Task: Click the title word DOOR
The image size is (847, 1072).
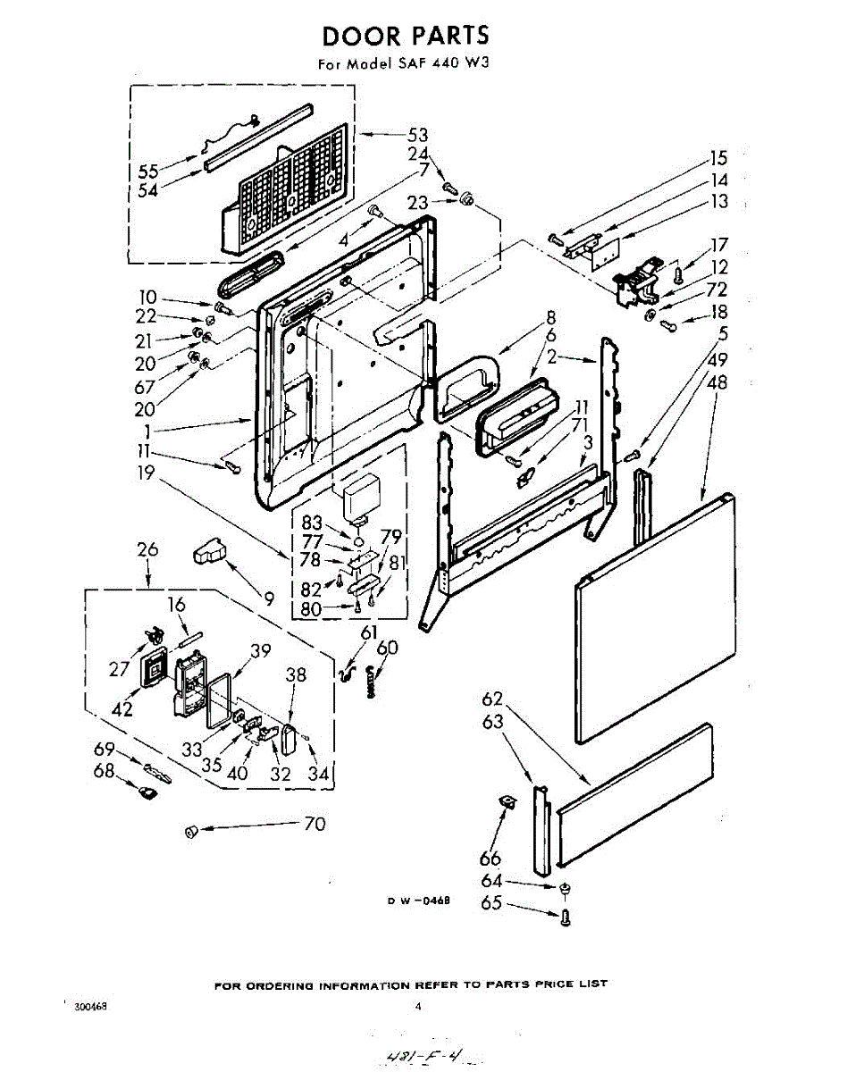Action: coord(361,36)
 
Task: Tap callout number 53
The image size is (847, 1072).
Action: coord(417,135)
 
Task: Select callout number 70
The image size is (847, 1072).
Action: coord(314,824)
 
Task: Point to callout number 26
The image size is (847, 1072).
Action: coord(147,549)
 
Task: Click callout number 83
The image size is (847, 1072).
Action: coord(313,523)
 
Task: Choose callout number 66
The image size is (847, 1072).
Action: coord(490,858)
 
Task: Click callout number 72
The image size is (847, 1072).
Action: coord(717,289)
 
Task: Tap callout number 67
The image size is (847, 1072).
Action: coord(145,387)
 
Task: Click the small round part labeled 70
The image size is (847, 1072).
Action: coord(191,831)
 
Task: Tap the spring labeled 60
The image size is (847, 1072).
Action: coord(371,682)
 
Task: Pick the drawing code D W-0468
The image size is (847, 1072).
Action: coord(420,900)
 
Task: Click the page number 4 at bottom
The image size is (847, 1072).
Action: coord(418,1006)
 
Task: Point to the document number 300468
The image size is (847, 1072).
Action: coord(90,1007)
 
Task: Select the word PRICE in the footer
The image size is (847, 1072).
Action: coord(557,984)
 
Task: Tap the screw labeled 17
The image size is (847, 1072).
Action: coord(678,274)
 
